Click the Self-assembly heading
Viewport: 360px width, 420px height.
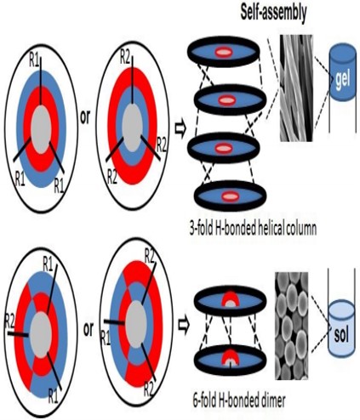[x=273, y=13]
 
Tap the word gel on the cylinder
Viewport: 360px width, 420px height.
[x=343, y=80]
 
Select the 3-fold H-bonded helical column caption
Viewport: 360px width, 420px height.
[x=253, y=230]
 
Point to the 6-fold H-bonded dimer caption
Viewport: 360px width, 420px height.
[x=239, y=400]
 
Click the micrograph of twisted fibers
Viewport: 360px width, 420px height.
[x=296, y=88]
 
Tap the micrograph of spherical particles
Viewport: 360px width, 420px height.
[x=292, y=326]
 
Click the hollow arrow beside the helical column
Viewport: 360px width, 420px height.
[x=180, y=130]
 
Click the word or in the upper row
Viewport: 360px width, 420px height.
[x=85, y=117]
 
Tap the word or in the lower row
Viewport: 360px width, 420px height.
[x=89, y=329]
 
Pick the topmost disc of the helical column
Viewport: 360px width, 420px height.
[x=224, y=52]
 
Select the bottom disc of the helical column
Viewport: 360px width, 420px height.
[x=231, y=196]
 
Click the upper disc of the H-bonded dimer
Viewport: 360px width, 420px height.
[x=231, y=301]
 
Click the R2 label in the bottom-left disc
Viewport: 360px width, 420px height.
[x=9, y=322]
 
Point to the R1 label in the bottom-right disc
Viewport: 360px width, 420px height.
[x=106, y=338]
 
